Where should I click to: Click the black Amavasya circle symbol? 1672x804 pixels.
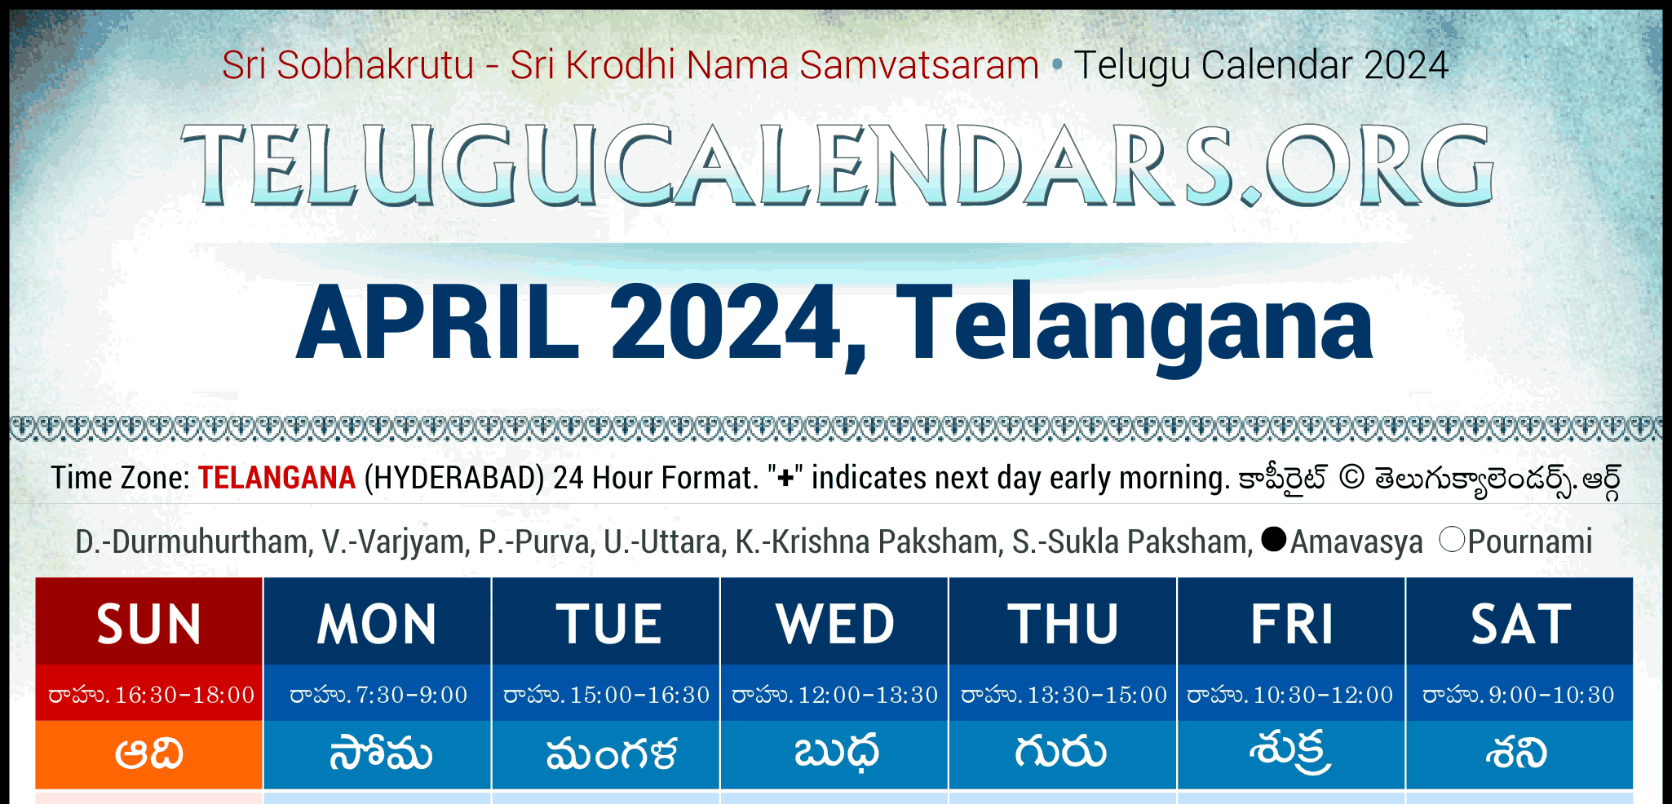click(x=1273, y=539)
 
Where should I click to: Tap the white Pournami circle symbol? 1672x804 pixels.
click(x=1452, y=539)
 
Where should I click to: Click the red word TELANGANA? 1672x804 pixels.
click(x=277, y=478)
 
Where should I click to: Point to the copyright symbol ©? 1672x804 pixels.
click(x=1351, y=478)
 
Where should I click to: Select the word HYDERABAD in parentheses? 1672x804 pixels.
click(x=454, y=478)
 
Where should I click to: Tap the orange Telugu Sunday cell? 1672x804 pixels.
click(x=149, y=754)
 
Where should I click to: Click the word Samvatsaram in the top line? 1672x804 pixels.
click(x=919, y=65)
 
